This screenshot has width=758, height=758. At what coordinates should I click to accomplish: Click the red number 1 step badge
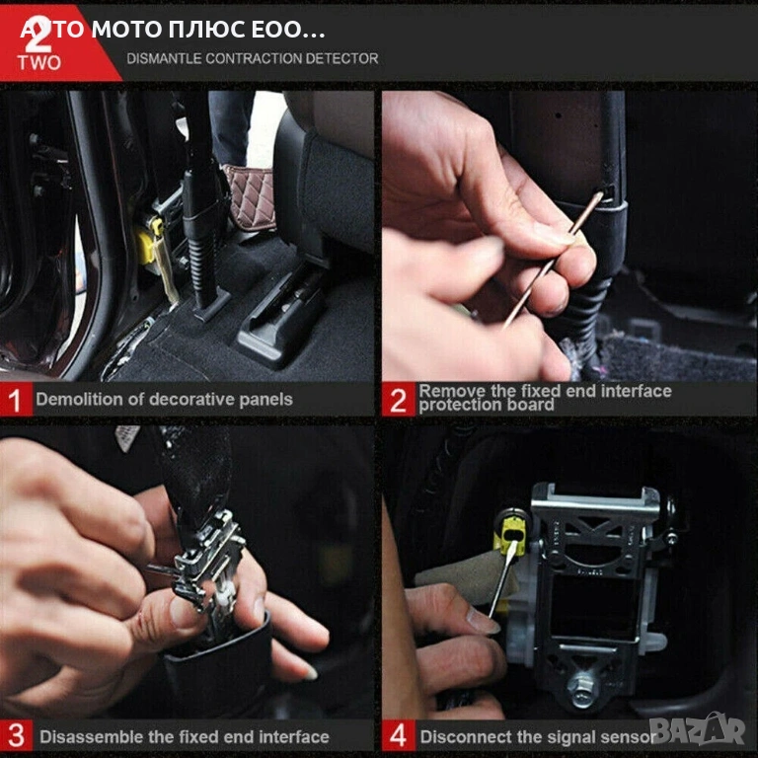tap(16, 400)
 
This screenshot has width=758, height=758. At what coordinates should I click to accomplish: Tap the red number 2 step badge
tap(399, 400)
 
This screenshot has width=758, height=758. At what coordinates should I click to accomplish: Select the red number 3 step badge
tap(16, 735)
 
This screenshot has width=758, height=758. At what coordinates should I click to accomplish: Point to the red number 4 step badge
tap(399, 735)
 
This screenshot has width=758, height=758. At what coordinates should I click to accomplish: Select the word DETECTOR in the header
tap(341, 58)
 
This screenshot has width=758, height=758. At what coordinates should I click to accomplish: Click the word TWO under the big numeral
tap(39, 63)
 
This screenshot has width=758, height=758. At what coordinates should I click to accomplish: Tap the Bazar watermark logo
tap(697, 728)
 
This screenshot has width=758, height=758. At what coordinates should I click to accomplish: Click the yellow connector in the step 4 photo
tap(511, 536)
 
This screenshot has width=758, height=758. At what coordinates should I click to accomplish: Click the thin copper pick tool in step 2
tap(553, 260)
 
